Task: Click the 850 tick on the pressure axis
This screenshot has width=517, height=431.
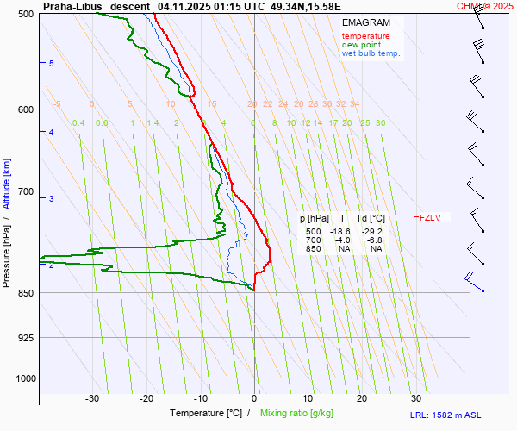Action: coord(25,293)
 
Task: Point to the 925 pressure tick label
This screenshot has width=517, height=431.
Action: coord(25,337)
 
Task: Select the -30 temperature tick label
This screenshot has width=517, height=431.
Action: coord(92,398)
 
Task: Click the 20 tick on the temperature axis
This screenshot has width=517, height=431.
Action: coord(362,398)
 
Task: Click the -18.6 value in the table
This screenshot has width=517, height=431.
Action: coord(340,232)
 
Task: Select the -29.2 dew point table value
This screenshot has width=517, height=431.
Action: coord(372,232)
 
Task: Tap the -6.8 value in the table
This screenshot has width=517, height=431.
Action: coord(375,240)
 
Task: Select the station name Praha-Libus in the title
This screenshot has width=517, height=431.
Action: coord(72,6)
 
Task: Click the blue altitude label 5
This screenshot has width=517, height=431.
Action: coord(52,64)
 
